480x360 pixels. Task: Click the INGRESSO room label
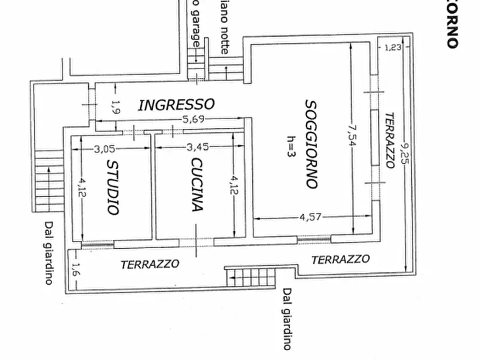click(x=176, y=104)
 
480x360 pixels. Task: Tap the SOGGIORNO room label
click(x=310, y=144)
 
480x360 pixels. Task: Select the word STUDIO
click(x=112, y=187)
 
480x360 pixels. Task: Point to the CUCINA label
click(x=197, y=185)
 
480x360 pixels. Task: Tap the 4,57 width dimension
click(x=310, y=218)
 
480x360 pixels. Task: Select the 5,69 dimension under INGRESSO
click(x=192, y=119)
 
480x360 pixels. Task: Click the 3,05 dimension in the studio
click(x=104, y=149)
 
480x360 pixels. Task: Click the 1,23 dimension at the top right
click(x=392, y=47)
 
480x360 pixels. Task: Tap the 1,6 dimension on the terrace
click(x=76, y=270)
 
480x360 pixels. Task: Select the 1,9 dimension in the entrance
click(x=114, y=107)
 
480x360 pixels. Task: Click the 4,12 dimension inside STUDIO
click(x=82, y=189)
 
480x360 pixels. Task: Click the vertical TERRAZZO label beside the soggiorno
click(x=390, y=140)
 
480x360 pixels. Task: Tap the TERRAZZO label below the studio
click(x=149, y=264)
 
